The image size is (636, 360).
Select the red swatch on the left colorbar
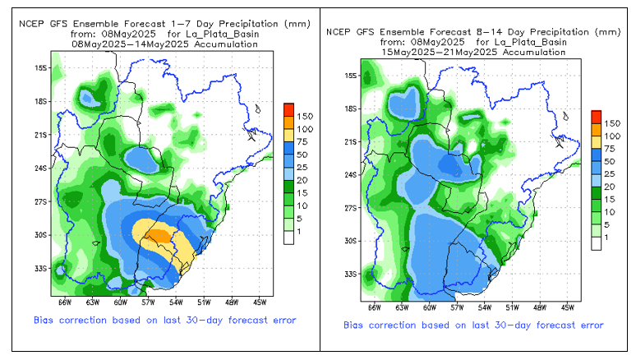(288, 108)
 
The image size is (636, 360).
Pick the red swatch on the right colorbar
(597, 115)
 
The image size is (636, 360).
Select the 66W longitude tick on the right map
(376, 307)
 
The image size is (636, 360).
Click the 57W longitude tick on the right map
(457, 307)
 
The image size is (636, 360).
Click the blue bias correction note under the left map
(165, 320)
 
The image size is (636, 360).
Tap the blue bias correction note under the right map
(473, 325)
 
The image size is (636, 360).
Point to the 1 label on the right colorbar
(607, 237)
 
